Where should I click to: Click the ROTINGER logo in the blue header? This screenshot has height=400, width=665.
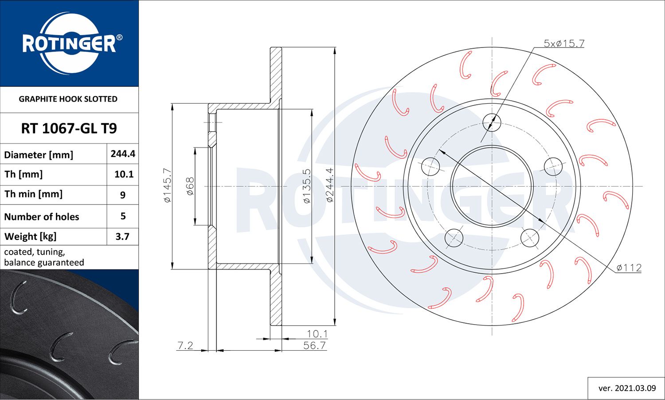point(69,43)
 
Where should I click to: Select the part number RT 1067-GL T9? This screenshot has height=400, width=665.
point(69,129)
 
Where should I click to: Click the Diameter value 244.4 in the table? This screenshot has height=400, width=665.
point(123,154)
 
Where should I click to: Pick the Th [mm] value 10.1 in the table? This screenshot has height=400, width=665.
point(124,174)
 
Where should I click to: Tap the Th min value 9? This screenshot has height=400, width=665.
point(123,195)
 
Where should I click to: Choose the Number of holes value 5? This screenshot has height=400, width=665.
point(123,216)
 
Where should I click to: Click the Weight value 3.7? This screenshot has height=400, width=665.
point(122,236)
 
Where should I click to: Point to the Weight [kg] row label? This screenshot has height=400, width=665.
point(31,236)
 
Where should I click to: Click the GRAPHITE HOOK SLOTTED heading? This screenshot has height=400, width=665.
point(68,99)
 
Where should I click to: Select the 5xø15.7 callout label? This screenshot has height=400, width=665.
point(564,43)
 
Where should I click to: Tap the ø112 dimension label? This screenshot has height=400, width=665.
point(629,268)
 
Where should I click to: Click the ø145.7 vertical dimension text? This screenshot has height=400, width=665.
point(167,186)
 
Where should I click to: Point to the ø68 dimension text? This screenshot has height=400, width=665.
point(190,186)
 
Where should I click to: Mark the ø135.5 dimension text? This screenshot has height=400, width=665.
point(307,186)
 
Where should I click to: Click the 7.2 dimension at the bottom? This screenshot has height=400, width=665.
point(185,345)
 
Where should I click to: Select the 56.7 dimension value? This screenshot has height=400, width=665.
point(314,345)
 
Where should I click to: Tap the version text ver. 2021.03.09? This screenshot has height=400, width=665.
point(627,388)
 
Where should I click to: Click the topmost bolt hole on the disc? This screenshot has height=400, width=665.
point(491,121)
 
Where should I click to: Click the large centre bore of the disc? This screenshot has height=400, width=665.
point(491,186)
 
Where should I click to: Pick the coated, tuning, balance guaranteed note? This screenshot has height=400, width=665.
point(44,257)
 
